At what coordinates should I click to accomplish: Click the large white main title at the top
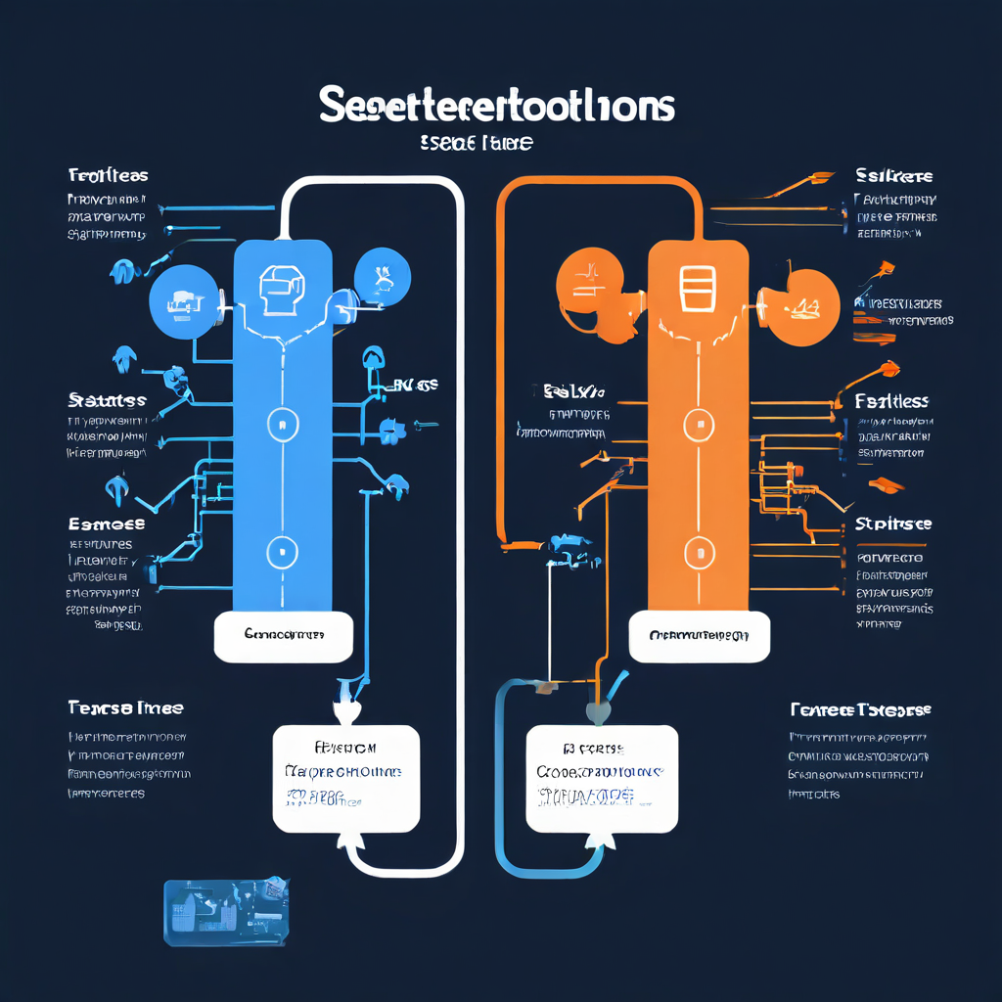tap(497, 107)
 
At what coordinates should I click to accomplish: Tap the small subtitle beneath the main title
tap(477, 143)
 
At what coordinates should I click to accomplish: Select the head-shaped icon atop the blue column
tap(282, 286)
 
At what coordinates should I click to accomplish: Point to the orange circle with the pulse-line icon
tap(591, 283)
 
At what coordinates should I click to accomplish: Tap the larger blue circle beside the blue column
tap(184, 299)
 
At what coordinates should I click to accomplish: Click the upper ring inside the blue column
tap(282, 423)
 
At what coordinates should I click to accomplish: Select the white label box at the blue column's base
tap(283, 635)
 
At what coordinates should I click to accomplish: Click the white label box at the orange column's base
tap(699, 636)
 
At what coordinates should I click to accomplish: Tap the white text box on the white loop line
tap(345, 778)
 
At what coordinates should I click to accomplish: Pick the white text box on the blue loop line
tap(602, 778)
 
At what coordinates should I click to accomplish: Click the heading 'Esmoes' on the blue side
tap(107, 524)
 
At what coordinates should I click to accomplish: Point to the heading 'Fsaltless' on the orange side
tap(891, 401)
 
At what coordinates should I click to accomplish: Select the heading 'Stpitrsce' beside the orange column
tap(892, 524)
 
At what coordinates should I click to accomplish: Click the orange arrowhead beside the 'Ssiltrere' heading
tap(820, 179)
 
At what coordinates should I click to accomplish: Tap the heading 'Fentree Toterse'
tap(860, 708)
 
